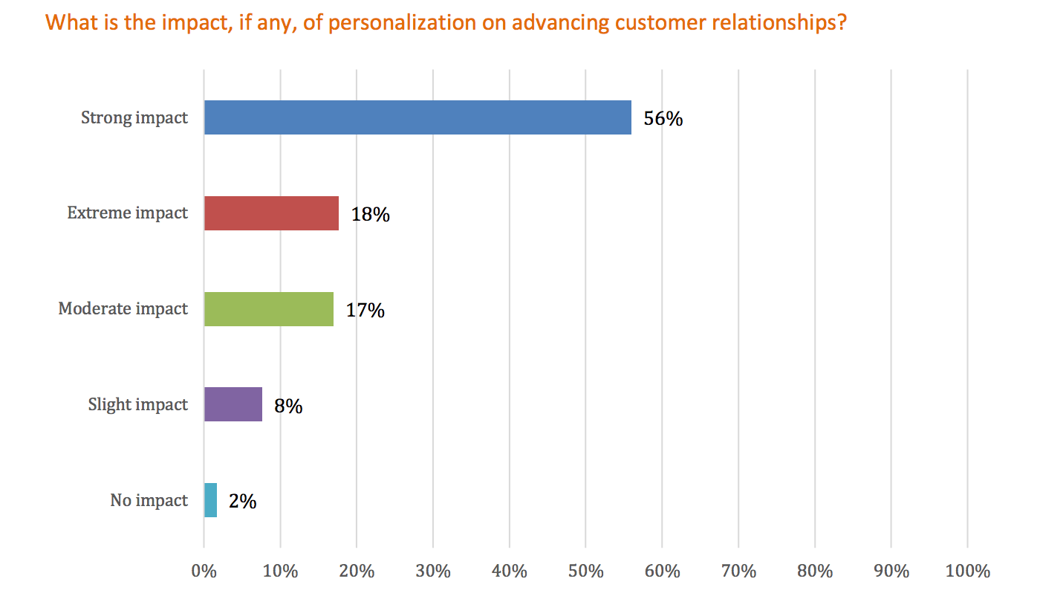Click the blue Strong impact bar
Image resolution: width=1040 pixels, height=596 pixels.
417,117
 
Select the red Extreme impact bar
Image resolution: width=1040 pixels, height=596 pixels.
271,213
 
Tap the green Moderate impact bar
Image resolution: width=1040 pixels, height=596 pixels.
269,309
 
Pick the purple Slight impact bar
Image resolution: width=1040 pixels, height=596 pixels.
233,404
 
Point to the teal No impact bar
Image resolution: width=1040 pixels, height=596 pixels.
211,500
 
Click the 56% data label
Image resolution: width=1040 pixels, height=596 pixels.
663,119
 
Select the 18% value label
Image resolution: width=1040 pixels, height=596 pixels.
370,215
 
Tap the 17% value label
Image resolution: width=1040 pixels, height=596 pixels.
365,311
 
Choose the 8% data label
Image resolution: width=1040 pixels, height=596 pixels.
288,406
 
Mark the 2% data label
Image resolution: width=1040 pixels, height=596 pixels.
242,502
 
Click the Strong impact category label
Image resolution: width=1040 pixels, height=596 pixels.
134,117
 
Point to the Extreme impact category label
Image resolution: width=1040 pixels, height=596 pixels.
128,213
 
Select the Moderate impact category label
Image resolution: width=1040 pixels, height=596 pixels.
123,309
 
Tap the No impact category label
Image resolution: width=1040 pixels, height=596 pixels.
149,500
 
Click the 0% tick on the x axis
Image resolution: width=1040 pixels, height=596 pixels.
204,571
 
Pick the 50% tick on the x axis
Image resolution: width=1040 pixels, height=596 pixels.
585,571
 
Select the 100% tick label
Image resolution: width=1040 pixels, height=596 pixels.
966,571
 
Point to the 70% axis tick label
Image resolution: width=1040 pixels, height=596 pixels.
738,571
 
